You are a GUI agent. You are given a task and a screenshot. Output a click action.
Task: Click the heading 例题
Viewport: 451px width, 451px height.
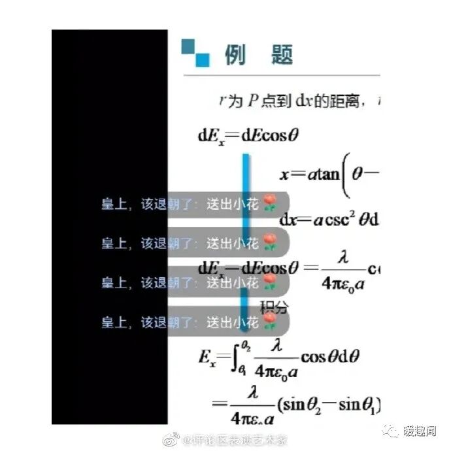click(259, 56)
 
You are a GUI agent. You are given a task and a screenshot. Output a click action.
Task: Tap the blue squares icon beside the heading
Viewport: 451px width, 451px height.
click(195, 53)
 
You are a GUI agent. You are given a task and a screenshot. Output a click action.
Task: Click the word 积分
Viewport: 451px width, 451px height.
click(274, 307)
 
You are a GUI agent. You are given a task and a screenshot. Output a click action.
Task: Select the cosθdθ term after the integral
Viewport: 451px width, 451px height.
click(330, 357)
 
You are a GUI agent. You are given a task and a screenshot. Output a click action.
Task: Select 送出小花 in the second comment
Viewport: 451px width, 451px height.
click(233, 244)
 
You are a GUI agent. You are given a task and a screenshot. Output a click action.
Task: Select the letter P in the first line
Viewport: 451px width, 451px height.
click(252, 101)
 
